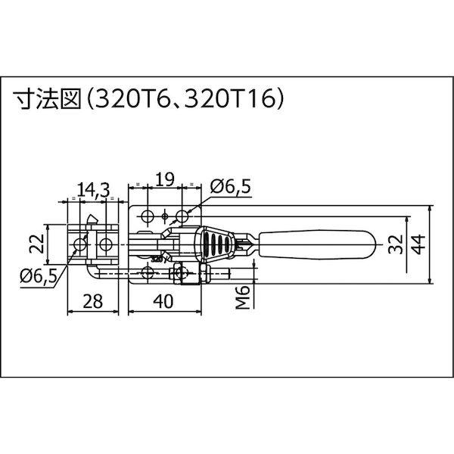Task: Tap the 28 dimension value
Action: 93,301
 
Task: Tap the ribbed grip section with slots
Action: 217,244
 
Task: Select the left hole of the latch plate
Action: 78,244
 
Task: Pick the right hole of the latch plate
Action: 105,244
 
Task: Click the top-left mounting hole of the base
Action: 147,216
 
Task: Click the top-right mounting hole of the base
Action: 182,216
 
